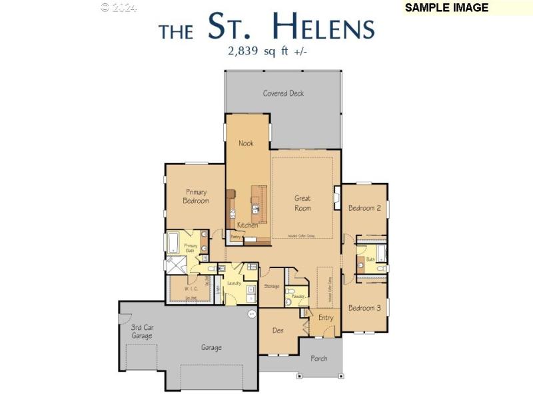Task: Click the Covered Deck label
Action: (283, 93)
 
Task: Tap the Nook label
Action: (246, 143)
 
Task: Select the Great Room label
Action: (302, 203)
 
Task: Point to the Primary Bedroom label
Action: (196, 196)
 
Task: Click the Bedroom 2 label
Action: (364, 208)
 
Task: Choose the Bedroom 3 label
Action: (364, 308)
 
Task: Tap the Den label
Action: (278, 330)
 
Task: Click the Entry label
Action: (326, 318)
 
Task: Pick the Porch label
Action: (319, 358)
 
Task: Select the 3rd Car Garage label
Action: (141, 332)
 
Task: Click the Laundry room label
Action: (234, 283)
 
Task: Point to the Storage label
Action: (271, 287)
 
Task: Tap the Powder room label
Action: (298, 296)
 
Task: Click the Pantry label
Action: (235, 237)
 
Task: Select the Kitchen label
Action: (247, 225)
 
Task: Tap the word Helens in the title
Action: (324, 27)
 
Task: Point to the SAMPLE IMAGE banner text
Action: (446, 8)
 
